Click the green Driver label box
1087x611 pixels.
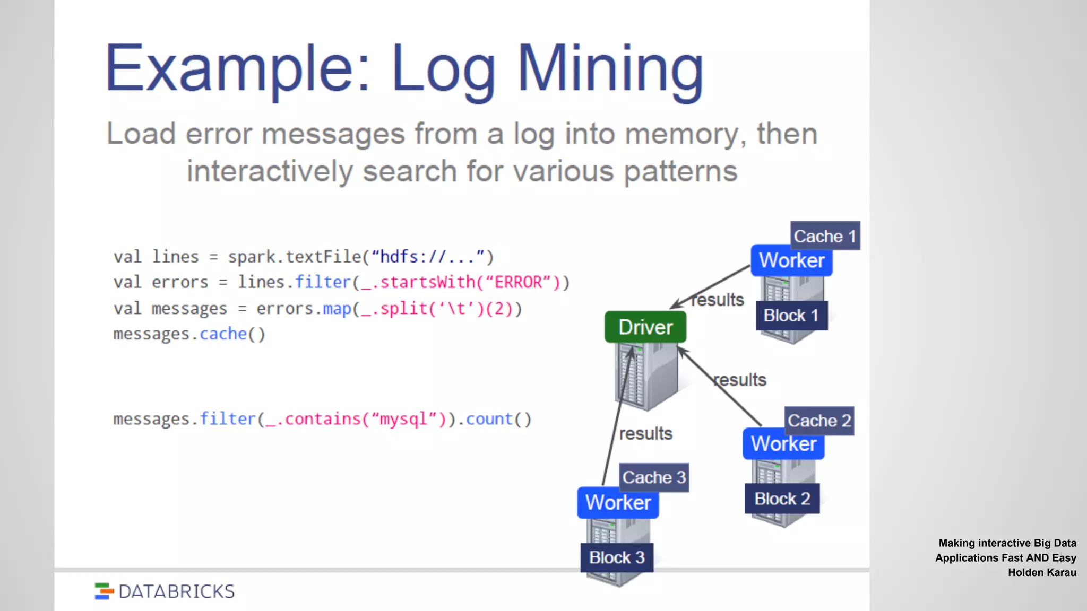[645, 327]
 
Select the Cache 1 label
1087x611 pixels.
[825, 236]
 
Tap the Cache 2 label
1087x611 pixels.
[819, 421]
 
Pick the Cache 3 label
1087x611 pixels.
[654, 477]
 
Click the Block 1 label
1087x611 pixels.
[791, 316]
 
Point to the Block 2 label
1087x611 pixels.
[782, 499]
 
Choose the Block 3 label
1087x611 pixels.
[617, 557]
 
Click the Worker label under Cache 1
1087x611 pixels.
[791, 260]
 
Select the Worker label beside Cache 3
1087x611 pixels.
[618, 502]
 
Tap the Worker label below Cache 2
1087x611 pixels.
[783, 444]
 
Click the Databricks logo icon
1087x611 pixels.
[104, 591]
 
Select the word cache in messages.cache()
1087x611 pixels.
[223, 334]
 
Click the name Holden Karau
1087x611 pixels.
[1042, 572]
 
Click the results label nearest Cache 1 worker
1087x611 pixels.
[718, 300]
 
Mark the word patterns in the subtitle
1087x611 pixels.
[680, 172]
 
